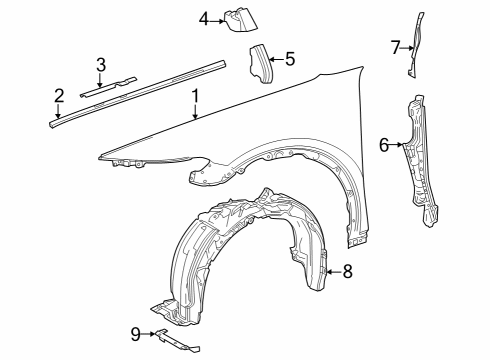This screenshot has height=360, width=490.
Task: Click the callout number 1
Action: coord(196,97)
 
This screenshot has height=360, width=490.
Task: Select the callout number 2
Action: coord(59,96)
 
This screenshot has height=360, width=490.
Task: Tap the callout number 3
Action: coord(101,65)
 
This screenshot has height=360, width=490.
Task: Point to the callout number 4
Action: coord(203,18)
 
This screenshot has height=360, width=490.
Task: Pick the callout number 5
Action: coord(290,59)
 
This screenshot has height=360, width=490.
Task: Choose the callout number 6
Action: coord(383,144)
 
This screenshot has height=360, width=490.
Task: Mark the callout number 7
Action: coord(395,45)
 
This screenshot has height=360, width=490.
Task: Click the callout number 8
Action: coord(347,270)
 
